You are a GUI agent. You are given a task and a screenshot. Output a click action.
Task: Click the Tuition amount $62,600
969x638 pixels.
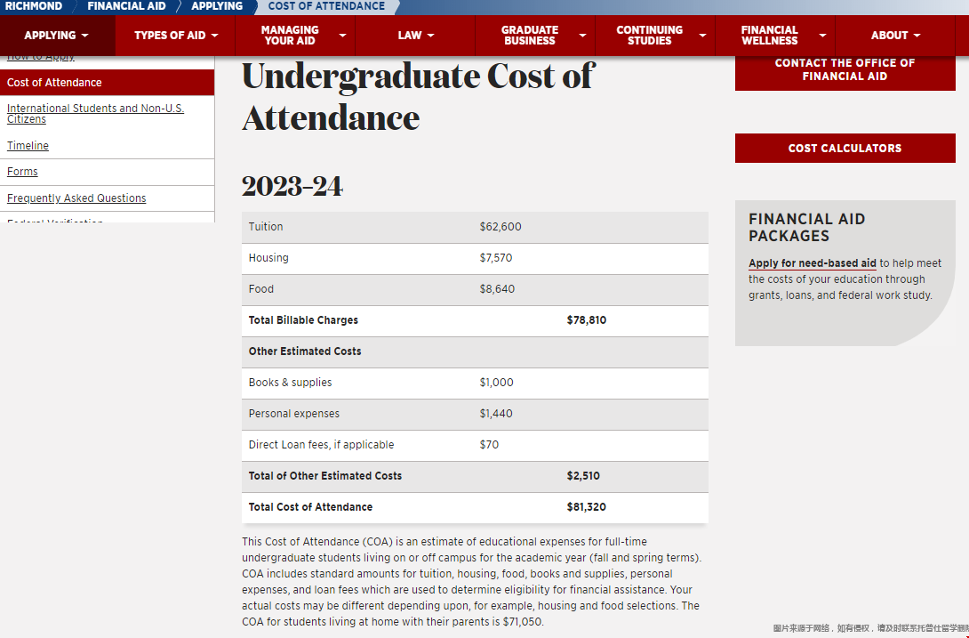coord(501,227)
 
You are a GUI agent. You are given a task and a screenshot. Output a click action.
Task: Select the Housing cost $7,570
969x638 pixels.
coord(496,258)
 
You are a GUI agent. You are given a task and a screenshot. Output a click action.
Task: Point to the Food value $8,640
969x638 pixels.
coord(497,289)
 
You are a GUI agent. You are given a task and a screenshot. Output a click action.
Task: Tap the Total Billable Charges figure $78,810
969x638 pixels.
coord(587,320)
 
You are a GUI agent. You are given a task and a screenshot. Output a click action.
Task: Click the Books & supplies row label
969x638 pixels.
coord(290,383)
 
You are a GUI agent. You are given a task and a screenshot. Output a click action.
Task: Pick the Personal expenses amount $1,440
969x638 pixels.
coord(496,414)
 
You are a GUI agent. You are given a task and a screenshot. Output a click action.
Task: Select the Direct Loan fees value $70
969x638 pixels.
coord(489,445)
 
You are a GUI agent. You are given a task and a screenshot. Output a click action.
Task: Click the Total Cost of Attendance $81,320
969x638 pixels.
coord(587,507)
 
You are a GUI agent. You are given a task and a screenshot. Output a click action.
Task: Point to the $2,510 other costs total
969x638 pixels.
coord(583,476)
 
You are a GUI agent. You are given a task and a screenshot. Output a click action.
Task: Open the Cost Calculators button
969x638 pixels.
coord(845,149)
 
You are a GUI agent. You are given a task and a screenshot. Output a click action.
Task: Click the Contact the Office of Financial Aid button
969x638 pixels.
coord(845,69)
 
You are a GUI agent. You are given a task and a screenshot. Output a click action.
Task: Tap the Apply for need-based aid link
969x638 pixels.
coord(813,263)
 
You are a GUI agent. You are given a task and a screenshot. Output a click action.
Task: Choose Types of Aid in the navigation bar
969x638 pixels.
coord(175,36)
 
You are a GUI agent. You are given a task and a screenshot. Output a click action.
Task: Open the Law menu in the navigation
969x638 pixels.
coord(415,36)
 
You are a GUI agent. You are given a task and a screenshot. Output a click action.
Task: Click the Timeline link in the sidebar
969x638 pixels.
coord(28,146)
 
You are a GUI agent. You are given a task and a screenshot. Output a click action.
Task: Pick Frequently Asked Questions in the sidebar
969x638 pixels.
coord(76,198)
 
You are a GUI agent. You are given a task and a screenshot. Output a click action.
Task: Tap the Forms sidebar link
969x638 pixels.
coord(22,172)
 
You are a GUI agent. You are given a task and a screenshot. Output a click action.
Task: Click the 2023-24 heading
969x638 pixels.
coord(292,187)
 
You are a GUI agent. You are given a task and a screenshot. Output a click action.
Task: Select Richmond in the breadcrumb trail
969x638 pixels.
coord(34,6)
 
